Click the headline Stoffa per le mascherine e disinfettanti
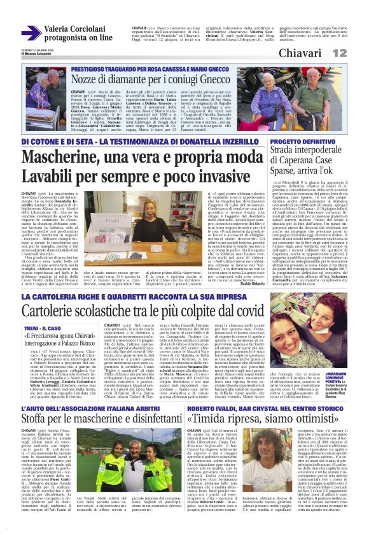[x=106, y=401]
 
